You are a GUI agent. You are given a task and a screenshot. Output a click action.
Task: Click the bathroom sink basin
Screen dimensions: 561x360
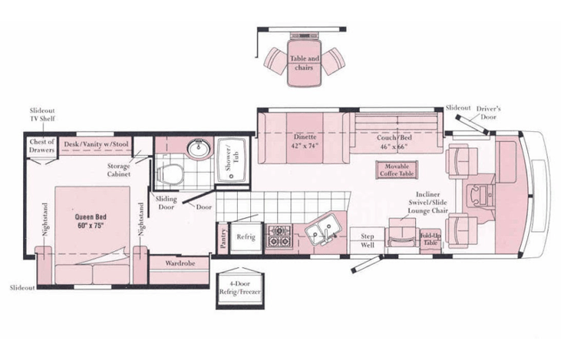click(x=200, y=148)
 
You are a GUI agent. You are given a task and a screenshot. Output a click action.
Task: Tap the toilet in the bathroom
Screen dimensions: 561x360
click(x=170, y=174)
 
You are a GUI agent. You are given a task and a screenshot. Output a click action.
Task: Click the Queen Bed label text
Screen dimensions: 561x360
click(x=91, y=221)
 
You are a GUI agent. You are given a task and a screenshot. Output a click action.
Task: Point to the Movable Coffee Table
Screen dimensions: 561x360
click(x=397, y=170)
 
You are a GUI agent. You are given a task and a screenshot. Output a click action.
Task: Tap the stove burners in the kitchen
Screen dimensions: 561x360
click(x=279, y=236)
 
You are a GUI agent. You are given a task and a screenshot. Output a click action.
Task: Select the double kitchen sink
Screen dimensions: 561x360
click(x=324, y=230)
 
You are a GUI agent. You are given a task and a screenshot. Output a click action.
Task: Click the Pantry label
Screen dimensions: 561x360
click(x=223, y=238)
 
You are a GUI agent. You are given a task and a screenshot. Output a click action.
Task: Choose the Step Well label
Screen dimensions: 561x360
click(x=368, y=240)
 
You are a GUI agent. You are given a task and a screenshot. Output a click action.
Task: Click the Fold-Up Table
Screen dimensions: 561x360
click(x=431, y=239)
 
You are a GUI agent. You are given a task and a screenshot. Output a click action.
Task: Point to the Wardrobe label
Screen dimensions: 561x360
click(x=180, y=263)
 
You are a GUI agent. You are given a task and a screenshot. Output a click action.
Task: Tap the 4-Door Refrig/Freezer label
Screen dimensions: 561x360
click(x=239, y=288)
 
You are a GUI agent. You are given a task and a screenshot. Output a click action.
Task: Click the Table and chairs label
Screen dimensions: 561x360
click(x=304, y=63)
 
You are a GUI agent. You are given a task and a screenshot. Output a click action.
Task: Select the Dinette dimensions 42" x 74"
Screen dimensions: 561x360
click(x=306, y=146)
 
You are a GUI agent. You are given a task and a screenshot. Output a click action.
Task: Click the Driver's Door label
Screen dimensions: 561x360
click(x=488, y=113)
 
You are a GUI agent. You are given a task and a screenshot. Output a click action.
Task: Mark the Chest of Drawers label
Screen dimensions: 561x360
click(x=42, y=146)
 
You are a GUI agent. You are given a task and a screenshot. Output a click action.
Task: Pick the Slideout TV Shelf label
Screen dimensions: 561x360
click(x=42, y=114)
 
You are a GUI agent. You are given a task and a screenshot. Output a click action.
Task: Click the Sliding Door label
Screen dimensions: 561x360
click(x=166, y=203)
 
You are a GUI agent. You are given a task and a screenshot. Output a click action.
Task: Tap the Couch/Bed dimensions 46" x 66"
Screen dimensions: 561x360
click(x=394, y=147)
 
